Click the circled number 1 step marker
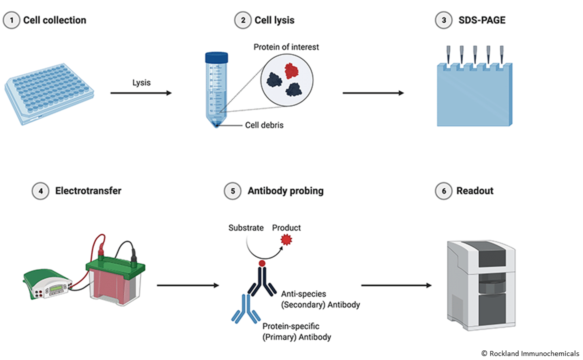pos(11,20)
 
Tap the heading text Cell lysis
pos(274,20)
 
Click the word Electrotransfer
pos(88,190)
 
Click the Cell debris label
pos(264,125)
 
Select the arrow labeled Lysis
pos(140,93)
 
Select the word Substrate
pos(246,228)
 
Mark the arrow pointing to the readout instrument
pos(396,285)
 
